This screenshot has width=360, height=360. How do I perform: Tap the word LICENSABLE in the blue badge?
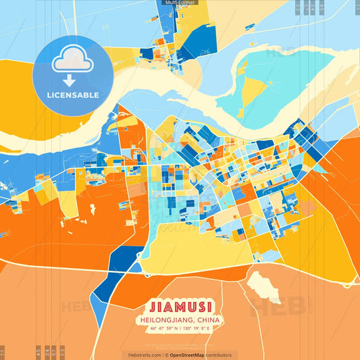pyautogui.click(x=72, y=95)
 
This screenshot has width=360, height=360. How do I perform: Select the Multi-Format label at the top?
pyautogui.click(x=180, y=3)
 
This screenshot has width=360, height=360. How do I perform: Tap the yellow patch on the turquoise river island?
pyautogui.click(x=254, y=91)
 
